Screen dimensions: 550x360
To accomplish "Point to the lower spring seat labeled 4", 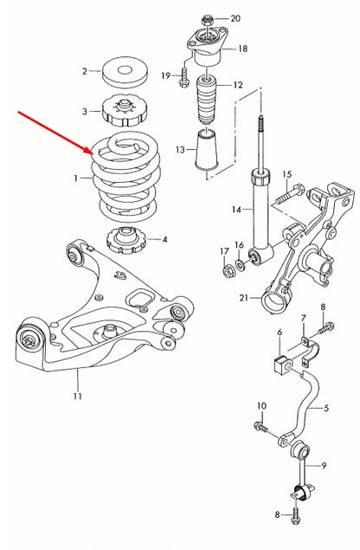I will point(125,237).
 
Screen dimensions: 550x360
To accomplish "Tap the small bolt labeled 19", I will point(183,80).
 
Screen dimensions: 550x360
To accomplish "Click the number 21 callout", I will point(244,299).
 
